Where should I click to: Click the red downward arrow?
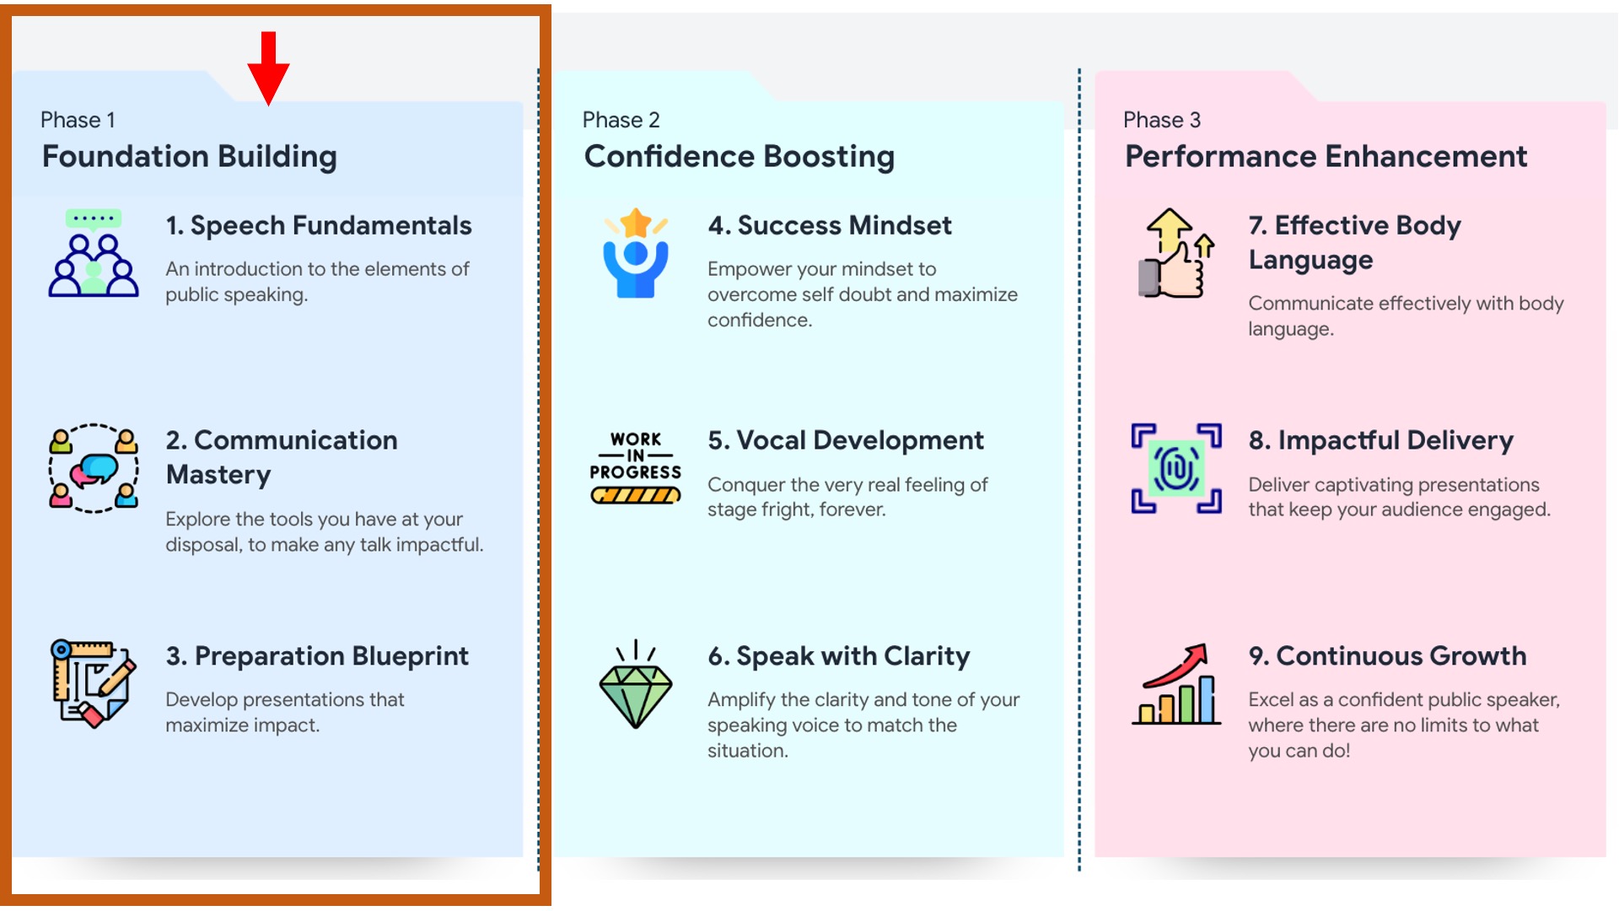click(268, 68)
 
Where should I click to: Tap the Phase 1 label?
click(78, 120)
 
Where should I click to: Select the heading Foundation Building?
click(190, 157)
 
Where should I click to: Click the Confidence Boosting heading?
click(740, 157)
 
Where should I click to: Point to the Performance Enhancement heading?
click(1326, 156)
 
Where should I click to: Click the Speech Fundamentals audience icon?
click(94, 253)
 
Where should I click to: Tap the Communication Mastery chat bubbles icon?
click(94, 468)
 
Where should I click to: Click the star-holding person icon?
click(636, 253)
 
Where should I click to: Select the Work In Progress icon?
click(636, 467)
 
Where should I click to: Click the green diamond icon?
click(636, 684)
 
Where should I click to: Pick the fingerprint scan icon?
click(1176, 468)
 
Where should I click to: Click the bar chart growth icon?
click(1176, 684)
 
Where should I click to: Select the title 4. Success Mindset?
click(830, 225)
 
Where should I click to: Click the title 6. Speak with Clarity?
click(839, 656)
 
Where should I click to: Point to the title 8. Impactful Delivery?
click(1381, 440)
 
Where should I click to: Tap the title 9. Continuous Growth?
click(1387, 655)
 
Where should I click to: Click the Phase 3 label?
click(1162, 120)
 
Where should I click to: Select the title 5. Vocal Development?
click(846, 440)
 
